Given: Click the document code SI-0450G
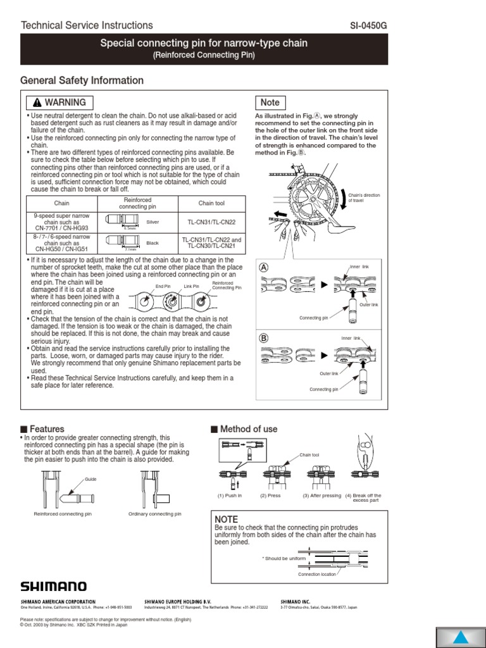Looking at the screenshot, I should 377,25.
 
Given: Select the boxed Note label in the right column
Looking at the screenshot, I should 270,103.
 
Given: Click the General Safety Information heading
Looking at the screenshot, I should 82,80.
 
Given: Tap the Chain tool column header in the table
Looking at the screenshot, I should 211,203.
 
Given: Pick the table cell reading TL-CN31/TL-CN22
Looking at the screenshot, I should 211,222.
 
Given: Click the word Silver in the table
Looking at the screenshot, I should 153,222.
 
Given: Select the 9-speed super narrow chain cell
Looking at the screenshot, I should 61,221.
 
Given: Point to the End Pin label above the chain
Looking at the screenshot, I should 163,287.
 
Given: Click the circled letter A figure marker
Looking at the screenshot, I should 264,267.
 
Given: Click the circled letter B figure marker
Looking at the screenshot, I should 264,339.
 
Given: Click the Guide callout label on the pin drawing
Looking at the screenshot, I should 90,480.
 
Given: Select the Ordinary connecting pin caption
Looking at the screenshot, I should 154,514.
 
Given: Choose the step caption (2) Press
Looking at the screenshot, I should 270,495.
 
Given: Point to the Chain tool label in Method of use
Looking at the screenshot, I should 310,455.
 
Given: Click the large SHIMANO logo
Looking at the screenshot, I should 54,587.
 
